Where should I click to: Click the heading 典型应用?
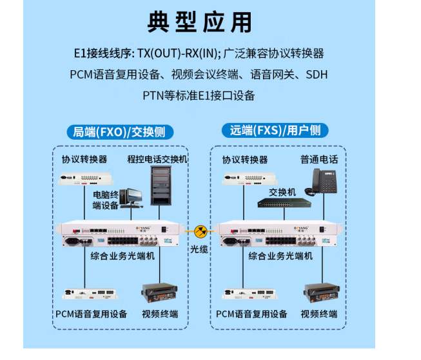(199, 23)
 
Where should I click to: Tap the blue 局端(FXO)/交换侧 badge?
(120, 131)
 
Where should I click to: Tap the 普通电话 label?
(318, 159)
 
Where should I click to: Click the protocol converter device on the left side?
(84, 178)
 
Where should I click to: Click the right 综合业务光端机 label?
(280, 256)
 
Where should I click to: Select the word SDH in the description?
(316, 75)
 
